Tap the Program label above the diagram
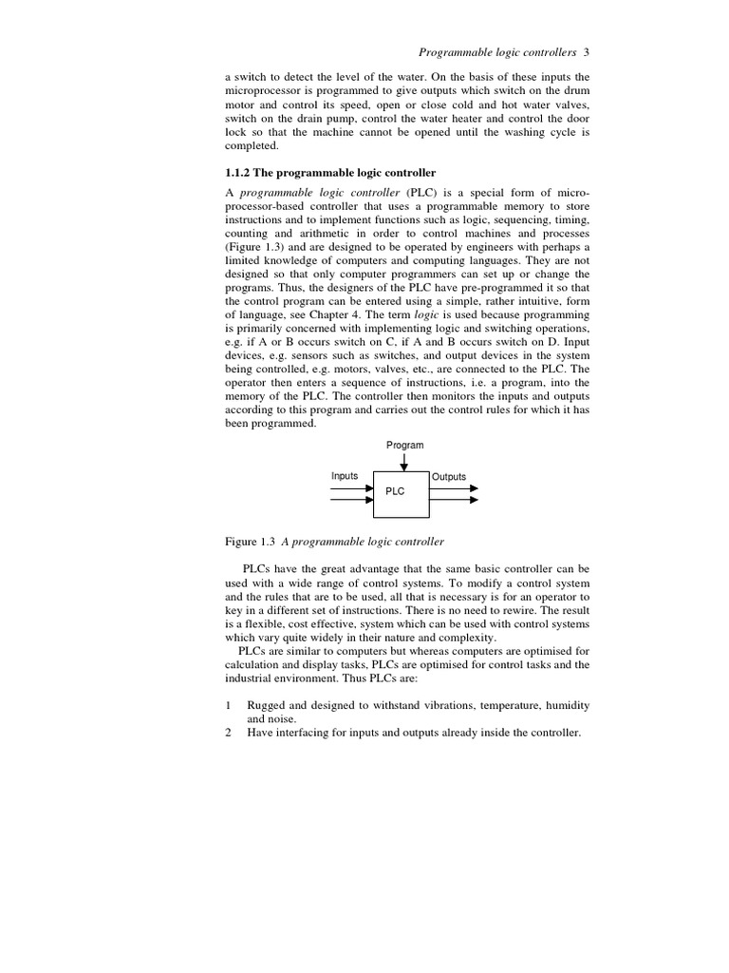click(405, 445)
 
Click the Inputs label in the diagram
click(345, 476)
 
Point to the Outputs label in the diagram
click(449, 477)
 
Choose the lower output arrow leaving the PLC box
click(454, 499)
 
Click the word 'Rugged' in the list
click(268, 706)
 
